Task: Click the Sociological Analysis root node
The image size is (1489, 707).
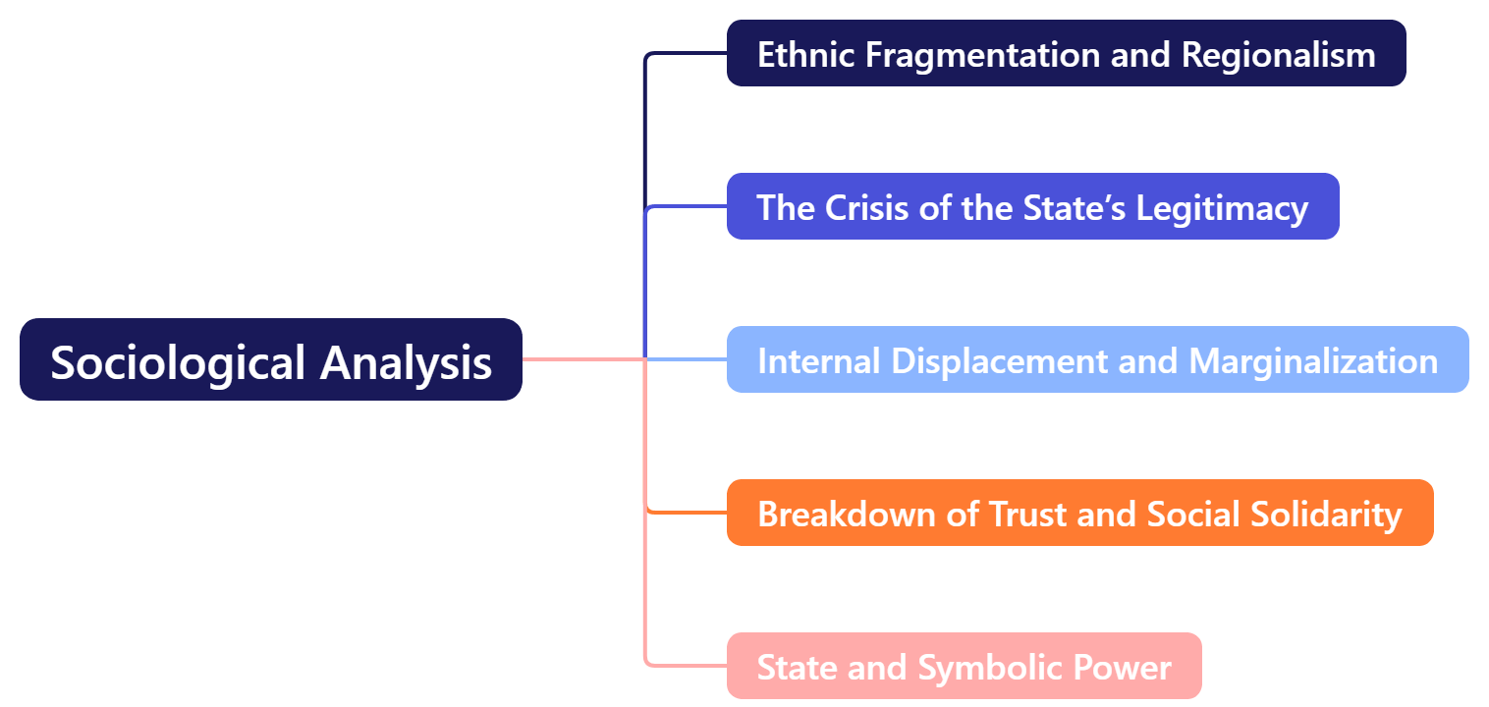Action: (x=270, y=359)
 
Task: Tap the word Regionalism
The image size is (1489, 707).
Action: (x=1278, y=54)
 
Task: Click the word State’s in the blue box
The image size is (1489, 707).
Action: (x=1075, y=207)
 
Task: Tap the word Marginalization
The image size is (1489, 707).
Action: (x=1313, y=360)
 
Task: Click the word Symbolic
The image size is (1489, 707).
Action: (x=990, y=667)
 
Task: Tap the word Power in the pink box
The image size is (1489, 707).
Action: (x=1122, y=667)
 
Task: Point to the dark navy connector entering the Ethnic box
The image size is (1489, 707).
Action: (x=688, y=53)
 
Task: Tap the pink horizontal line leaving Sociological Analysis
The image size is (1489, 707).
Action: (x=579, y=359)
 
